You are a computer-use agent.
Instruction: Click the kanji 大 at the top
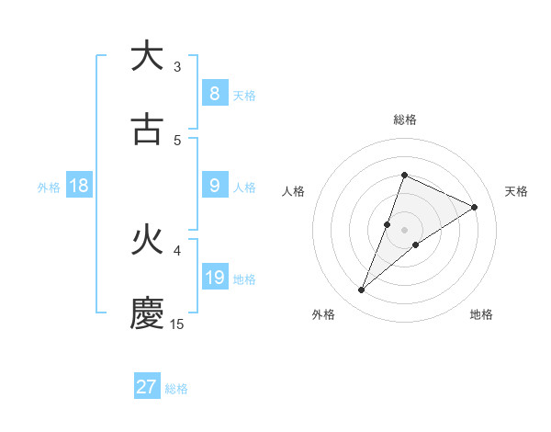[147, 56]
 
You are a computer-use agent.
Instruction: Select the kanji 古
[147, 130]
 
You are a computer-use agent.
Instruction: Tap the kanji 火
[147, 241]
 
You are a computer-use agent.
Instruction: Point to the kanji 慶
[147, 313]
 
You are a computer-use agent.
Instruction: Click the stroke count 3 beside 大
[177, 67]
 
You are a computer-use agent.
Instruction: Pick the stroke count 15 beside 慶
[177, 324]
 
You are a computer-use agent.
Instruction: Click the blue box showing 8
[214, 93]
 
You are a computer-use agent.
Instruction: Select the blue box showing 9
[214, 186]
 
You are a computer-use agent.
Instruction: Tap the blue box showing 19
[214, 278]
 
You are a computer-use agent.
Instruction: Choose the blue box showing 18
[79, 186]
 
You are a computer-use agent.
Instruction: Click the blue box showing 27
[147, 387]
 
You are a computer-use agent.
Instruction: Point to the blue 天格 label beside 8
[244, 95]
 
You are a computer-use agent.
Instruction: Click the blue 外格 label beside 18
[49, 187]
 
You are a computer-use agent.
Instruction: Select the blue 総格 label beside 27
[176, 389]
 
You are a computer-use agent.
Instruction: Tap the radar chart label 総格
[404, 119]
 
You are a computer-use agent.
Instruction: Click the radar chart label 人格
[294, 191]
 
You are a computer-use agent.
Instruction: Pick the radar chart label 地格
[481, 315]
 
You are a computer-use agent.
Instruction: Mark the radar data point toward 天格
[474, 207]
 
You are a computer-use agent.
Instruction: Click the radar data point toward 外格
[361, 290]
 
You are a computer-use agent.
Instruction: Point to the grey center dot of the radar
[404, 230]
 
